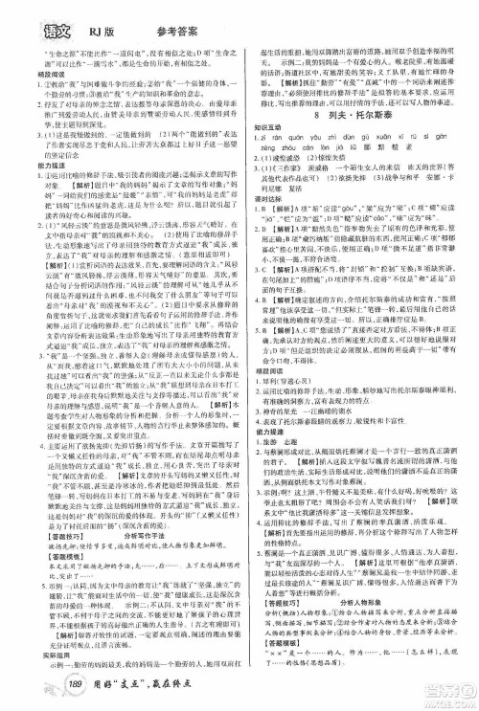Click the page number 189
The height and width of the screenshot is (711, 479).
click(x=50, y=691)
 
